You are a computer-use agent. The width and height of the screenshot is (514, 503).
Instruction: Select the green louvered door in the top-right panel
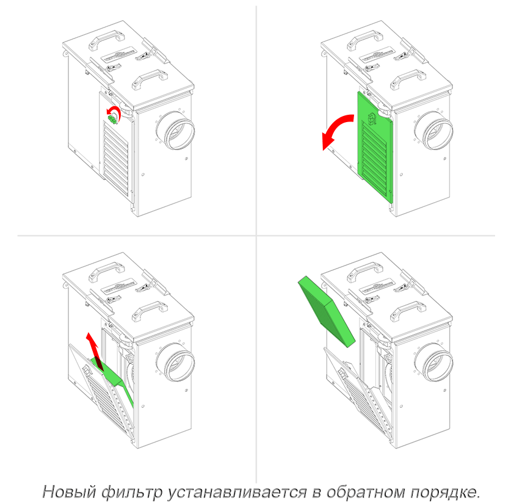(375, 146)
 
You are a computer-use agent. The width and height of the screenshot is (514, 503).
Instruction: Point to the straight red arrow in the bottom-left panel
(94, 351)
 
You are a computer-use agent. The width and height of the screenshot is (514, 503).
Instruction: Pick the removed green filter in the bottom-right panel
(327, 311)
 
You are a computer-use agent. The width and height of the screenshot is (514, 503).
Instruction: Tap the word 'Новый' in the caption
(69, 491)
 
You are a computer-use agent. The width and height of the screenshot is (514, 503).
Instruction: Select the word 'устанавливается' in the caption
(237, 491)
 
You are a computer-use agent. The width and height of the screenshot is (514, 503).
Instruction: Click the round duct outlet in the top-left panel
(175, 131)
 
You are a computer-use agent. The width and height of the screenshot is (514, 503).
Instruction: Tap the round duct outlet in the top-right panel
(433, 131)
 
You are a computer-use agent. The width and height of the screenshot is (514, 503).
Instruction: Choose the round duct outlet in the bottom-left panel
(175, 362)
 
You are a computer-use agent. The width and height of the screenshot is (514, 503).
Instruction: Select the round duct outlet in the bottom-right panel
(433, 362)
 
